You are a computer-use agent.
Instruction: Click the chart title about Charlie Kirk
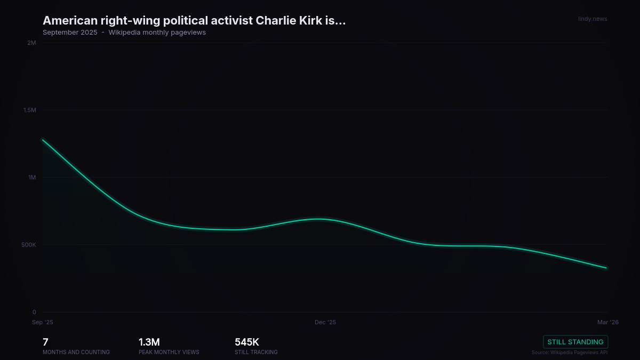tap(194, 20)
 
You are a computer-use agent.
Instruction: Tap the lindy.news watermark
tap(593, 19)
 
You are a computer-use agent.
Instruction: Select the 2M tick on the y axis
tap(31, 43)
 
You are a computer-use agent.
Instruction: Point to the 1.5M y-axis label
tap(29, 110)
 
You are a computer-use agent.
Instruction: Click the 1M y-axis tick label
tap(32, 178)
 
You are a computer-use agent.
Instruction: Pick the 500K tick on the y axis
tap(28, 245)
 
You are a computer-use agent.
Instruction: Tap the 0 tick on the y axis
tap(34, 312)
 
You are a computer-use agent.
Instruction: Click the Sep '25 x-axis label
tap(43, 322)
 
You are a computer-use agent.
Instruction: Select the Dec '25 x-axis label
tap(325, 322)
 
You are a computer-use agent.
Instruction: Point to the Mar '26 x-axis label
tap(607, 322)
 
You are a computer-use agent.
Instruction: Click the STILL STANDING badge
tap(575, 342)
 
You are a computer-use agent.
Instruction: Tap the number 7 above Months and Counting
tap(45, 342)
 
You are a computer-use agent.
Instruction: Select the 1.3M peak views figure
tap(149, 342)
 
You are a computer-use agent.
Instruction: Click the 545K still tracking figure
tap(247, 342)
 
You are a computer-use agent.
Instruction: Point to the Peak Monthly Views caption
tap(169, 352)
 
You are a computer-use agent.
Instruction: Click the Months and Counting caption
tap(76, 352)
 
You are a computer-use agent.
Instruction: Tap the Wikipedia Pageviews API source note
tap(570, 352)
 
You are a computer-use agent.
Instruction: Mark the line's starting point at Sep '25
tap(43, 140)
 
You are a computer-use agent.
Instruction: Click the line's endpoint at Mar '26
tap(607, 268)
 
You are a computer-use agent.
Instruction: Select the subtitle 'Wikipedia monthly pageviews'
tap(157, 32)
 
